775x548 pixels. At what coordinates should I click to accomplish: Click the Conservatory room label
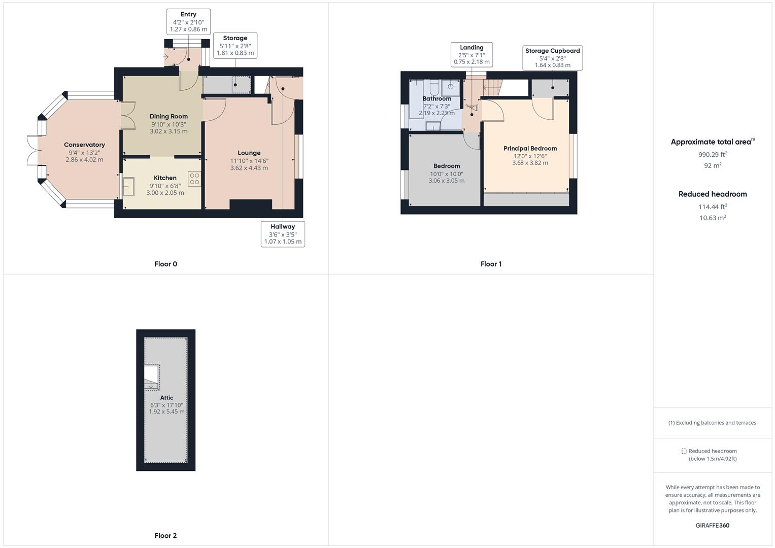84,145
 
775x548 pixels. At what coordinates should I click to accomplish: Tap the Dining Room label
169,117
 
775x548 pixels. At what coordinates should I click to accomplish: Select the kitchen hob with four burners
194,179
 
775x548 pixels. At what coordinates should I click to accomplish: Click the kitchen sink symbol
128,186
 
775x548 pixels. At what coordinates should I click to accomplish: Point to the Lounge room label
249,153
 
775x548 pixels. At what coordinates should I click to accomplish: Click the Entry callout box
188,22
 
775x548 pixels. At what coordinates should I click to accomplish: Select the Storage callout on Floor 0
235,46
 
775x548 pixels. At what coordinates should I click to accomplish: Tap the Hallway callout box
283,234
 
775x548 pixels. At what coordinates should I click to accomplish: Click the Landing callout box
471,55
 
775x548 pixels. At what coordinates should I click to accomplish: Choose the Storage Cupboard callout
552,58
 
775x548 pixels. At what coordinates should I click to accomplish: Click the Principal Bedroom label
530,149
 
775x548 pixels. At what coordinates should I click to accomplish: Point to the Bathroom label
436,99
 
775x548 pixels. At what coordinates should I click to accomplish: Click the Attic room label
166,398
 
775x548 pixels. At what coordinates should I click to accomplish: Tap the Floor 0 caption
165,264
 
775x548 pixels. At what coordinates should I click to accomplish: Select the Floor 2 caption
165,535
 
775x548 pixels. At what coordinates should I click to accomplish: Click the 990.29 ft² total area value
713,154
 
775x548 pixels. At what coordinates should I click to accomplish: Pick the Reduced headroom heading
713,194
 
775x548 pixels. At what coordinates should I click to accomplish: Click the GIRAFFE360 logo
712,525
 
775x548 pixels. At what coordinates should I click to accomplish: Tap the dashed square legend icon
684,451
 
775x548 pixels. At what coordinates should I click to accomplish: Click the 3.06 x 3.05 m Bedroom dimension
446,181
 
